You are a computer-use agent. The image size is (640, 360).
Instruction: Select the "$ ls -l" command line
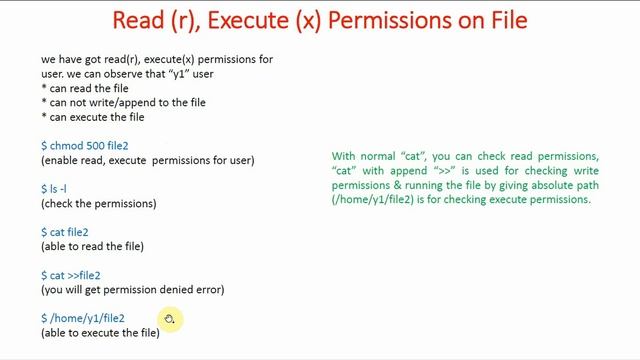pos(54,189)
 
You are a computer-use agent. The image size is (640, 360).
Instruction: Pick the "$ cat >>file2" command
pos(71,276)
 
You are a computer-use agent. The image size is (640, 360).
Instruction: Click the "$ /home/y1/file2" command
pos(83,319)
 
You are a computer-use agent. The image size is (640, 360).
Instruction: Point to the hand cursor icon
pos(169,319)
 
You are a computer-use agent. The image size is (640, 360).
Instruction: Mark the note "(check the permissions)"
pos(99,204)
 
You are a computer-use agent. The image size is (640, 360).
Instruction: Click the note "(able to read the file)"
pos(92,247)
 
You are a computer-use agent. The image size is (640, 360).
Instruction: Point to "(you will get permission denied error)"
pos(132,290)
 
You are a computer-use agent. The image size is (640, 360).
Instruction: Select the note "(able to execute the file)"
pos(100,333)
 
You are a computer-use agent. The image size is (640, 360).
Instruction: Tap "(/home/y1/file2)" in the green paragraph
pos(371,200)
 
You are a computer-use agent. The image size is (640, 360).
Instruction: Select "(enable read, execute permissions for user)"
pos(147,160)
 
